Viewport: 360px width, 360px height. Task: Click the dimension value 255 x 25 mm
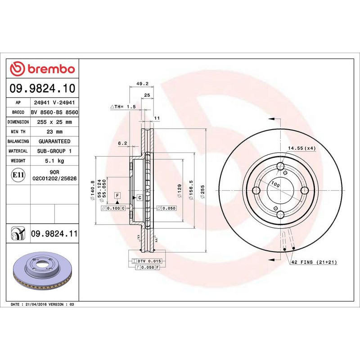[54, 122]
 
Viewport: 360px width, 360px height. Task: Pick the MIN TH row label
[18, 132]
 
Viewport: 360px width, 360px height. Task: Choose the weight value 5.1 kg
[54, 161]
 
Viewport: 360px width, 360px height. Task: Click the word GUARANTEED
[54, 141]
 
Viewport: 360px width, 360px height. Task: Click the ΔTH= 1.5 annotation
[123, 107]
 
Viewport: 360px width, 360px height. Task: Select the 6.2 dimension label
[123, 144]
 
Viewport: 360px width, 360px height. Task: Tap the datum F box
[117, 195]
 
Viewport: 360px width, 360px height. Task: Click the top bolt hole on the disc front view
[280, 166]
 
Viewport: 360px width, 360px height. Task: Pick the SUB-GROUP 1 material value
[54, 151]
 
